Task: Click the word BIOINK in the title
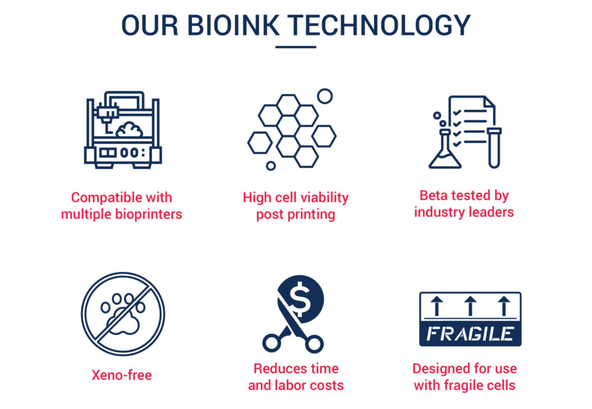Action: tap(234, 25)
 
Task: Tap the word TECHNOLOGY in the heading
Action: tap(379, 25)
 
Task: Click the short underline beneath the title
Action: tap(295, 47)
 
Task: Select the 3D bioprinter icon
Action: tap(123, 130)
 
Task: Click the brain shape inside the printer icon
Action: tap(129, 130)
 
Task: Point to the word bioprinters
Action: tap(149, 214)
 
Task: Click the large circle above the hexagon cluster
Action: tap(325, 96)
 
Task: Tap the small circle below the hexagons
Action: tap(271, 165)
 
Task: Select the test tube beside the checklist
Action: tap(494, 148)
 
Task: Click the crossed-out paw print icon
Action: tap(123, 314)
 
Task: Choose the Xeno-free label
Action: tap(121, 375)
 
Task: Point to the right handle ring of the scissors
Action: tap(314, 344)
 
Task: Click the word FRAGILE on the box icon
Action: tap(470, 333)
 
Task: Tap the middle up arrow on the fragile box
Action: tap(470, 305)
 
